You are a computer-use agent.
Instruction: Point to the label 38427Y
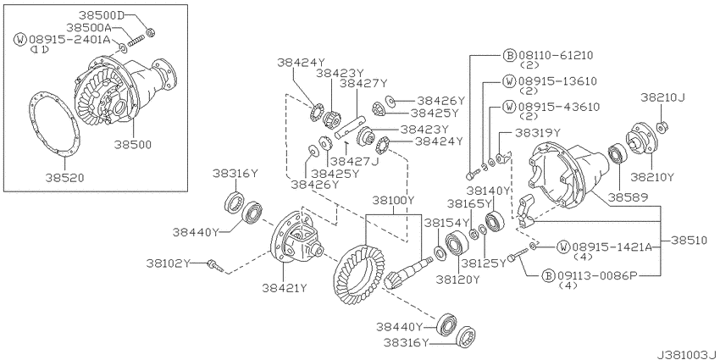(x=363, y=83)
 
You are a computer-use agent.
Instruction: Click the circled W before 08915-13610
(x=509, y=81)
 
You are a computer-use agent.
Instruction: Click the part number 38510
(x=690, y=241)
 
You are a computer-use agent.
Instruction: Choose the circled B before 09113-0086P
(x=548, y=275)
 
